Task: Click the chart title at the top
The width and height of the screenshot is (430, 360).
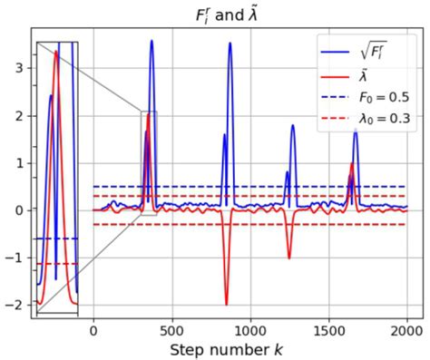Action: tap(214, 14)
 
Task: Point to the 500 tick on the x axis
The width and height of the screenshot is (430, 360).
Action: tap(171, 330)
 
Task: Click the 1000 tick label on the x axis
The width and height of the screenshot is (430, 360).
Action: tap(249, 330)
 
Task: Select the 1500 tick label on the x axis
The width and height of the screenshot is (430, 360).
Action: tap(328, 330)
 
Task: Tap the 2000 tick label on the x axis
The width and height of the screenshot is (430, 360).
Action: tap(406, 330)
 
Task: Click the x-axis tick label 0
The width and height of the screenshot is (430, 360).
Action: tap(93, 330)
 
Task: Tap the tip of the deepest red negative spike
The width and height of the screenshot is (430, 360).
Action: tap(226, 305)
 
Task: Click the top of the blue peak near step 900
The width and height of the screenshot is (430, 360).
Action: tap(230, 44)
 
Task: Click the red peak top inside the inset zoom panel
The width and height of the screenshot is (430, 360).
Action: tap(55, 52)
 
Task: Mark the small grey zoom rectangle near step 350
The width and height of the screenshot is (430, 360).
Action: tap(149, 151)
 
